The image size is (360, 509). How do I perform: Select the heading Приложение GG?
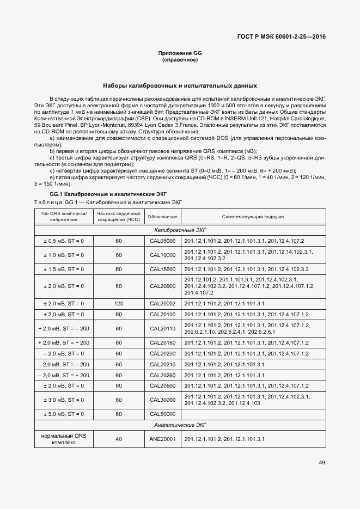tap(180, 53)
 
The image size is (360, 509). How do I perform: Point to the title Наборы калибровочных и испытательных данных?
tap(180, 86)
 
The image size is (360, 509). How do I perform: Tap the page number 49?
tap(322, 462)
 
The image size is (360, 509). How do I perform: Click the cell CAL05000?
tap(162, 241)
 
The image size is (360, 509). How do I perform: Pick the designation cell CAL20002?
tap(162, 303)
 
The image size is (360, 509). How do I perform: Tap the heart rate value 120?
tap(118, 303)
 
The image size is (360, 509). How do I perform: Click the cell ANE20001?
tap(162, 439)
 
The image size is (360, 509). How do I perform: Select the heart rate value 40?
tap(118, 439)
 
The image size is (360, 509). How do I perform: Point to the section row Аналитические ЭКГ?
tap(180, 425)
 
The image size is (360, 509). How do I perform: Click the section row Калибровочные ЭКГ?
tap(180, 230)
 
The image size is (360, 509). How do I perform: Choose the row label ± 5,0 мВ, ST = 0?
tap(64, 414)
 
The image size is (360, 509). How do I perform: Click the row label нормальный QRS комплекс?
tap(64, 439)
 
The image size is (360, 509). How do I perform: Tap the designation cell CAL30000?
tap(162, 400)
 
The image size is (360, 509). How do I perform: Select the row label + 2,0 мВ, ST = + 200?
tap(64, 342)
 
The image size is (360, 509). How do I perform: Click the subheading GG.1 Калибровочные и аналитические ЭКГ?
tap(108, 194)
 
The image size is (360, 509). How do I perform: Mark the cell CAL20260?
tap(162, 375)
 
